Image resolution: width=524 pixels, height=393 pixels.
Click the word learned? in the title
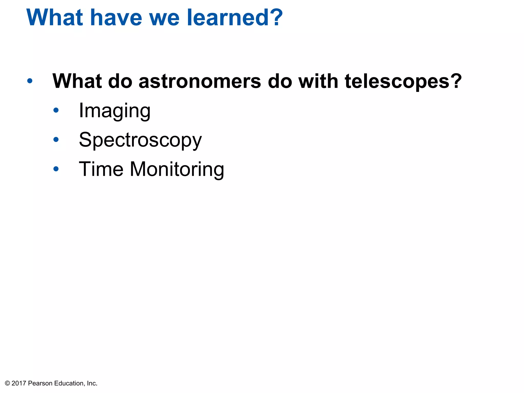pos(235,17)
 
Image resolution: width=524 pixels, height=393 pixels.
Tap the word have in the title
pos(116,17)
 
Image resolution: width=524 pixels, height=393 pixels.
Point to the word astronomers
pos(200,81)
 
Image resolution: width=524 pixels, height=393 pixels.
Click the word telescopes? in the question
pos(403,81)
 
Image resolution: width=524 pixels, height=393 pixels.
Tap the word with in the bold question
pos(318,81)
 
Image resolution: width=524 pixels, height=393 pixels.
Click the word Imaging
pos(114,111)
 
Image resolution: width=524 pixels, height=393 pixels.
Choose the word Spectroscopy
pos(140,140)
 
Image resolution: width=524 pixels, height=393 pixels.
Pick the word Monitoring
pos(177,169)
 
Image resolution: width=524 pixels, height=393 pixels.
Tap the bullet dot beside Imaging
pos(56,110)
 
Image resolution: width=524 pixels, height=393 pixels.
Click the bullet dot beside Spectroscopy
pos(56,140)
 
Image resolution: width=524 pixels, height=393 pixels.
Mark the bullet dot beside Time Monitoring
pos(56,169)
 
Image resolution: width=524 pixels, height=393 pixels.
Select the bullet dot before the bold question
pos(30,81)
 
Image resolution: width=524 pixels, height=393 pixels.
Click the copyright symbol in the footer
pos(7,383)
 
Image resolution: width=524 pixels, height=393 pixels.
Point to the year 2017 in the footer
pos(19,383)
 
